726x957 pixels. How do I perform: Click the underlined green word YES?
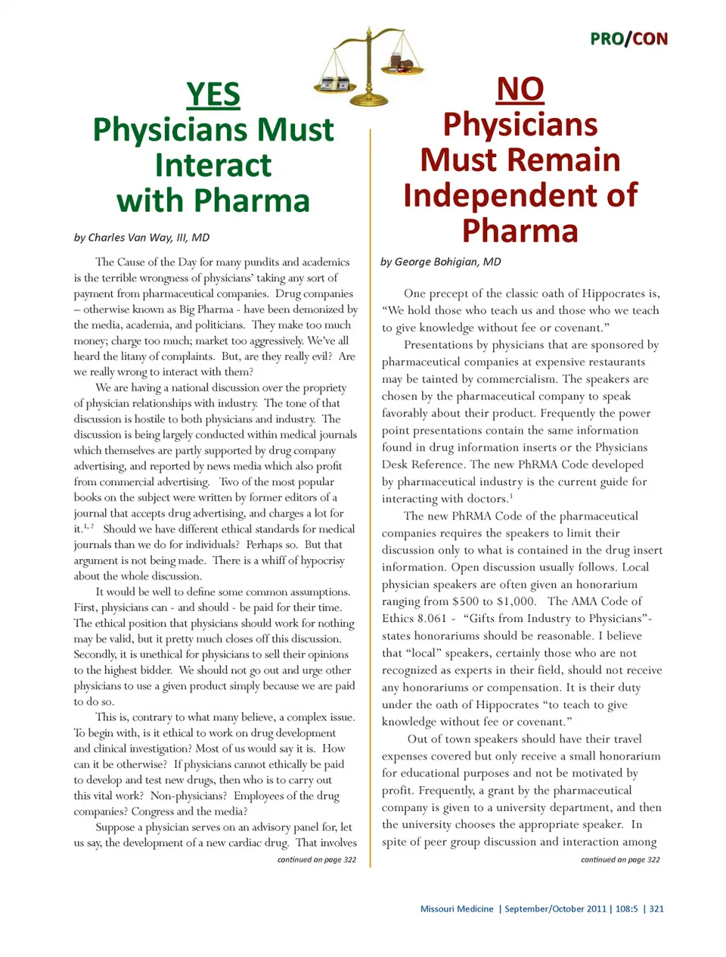[213, 95]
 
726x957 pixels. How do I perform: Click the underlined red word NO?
[520, 89]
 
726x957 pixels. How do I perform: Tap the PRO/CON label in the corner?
[628, 39]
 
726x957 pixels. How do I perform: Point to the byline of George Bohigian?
[440, 262]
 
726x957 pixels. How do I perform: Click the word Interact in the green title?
[213, 165]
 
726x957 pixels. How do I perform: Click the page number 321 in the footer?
[656, 909]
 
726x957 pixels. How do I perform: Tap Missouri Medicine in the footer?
[457, 909]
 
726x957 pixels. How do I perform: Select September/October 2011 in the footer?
[555, 909]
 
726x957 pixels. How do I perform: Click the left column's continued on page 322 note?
[316, 859]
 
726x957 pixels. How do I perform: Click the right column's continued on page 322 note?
[620, 859]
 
